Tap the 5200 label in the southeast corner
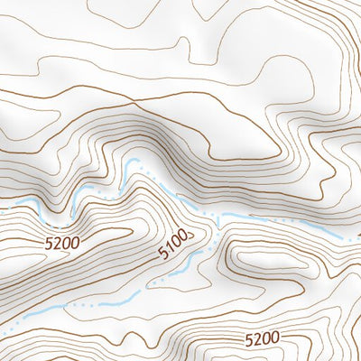(263, 339)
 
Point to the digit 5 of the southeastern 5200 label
(249, 339)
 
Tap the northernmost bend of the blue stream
(135, 162)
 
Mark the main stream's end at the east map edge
(359, 236)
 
